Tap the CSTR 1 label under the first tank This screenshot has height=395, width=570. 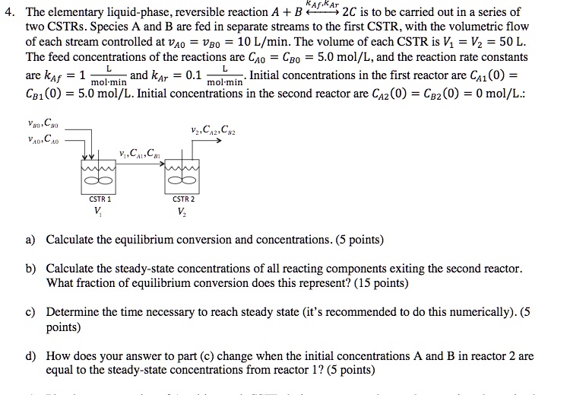[100, 199]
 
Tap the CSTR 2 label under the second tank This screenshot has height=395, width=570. [183, 199]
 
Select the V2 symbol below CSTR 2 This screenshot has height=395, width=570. [182, 212]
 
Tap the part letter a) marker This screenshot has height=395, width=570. [30, 240]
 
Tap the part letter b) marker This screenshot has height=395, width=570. [30, 269]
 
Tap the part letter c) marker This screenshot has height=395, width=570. [30, 313]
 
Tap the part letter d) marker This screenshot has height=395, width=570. [30, 356]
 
